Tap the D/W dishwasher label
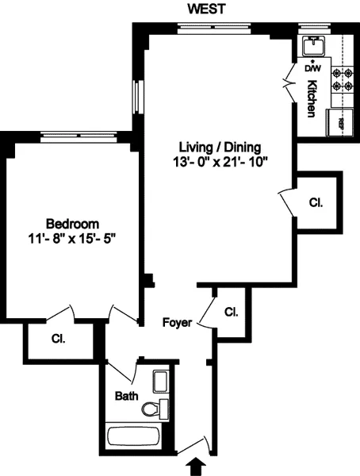click(x=312, y=68)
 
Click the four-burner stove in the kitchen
click(x=342, y=78)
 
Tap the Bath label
click(x=127, y=394)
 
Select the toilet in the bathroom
click(x=154, y=409)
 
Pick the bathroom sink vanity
click(x=161, y=382)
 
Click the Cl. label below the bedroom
click(x=58, y=339)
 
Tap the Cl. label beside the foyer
click(x=231, y=311)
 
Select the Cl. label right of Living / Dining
click(x=316, y=202)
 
